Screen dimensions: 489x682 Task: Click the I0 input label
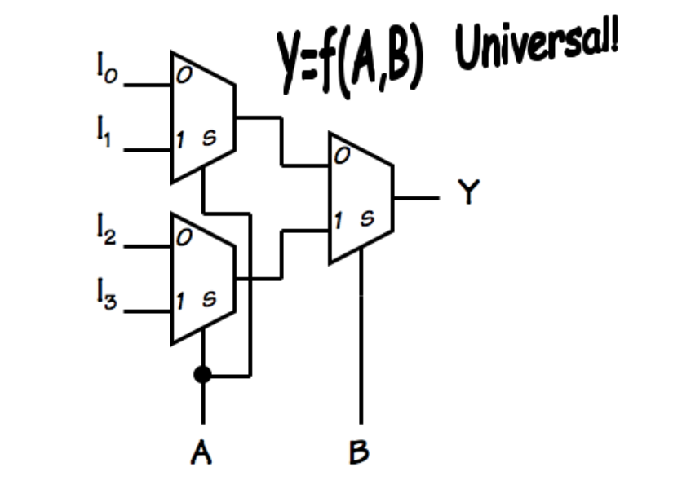[x=104, y=71]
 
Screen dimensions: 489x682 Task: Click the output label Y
[x=467, y=195]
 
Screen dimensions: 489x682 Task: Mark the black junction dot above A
[x=203, y=375]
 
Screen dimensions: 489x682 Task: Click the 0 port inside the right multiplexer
[x=339, y=159]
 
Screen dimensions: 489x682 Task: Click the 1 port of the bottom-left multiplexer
[x=179, y=301]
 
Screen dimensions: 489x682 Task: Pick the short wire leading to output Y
[x=416, y=197]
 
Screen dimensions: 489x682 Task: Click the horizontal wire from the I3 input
[x=148, y=311]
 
